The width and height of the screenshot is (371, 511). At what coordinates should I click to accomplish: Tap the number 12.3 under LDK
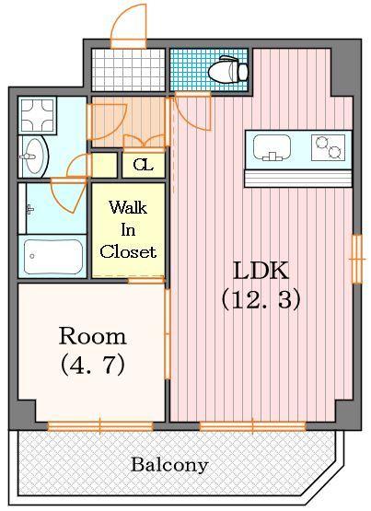pyautogui.click(x=261, y=299)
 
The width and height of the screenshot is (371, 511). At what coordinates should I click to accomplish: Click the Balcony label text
pyautogui.click(x=168, y=465)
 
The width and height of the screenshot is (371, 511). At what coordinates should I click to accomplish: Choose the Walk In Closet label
pyautogui.click(x=128, y=229)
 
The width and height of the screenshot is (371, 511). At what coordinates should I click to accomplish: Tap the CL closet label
pyautogui.click(x=142, y=166)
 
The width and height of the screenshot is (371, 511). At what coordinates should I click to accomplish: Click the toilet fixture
pyautogui.click(x=226, y=68)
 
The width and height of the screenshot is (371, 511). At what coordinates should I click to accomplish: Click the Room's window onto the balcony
pyautogui.click(x=87, y=424)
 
